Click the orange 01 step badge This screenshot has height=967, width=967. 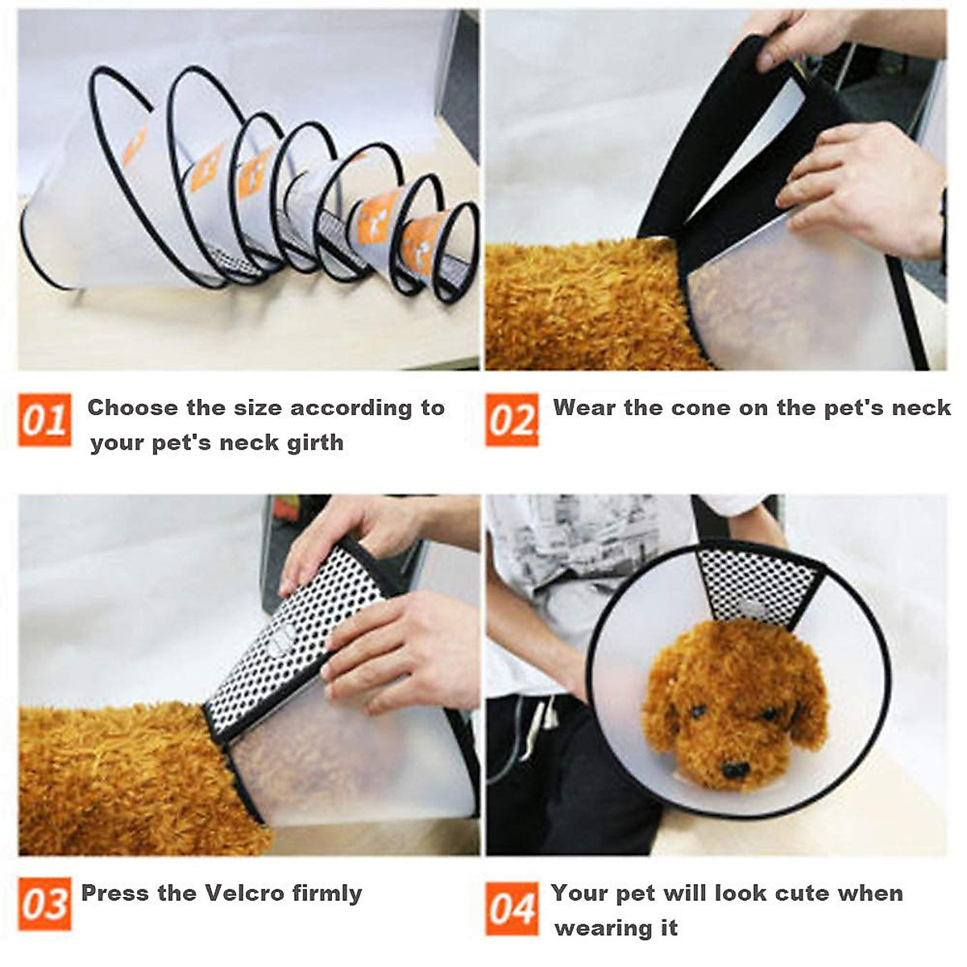click(x=44, y=420)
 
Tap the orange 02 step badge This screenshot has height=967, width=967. click(x=512, y=420)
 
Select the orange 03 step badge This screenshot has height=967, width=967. click(x=44, y=904)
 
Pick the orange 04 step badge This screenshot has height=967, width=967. click(x=512, y=909)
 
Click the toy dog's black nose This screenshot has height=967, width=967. click(x=734, y=770)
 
